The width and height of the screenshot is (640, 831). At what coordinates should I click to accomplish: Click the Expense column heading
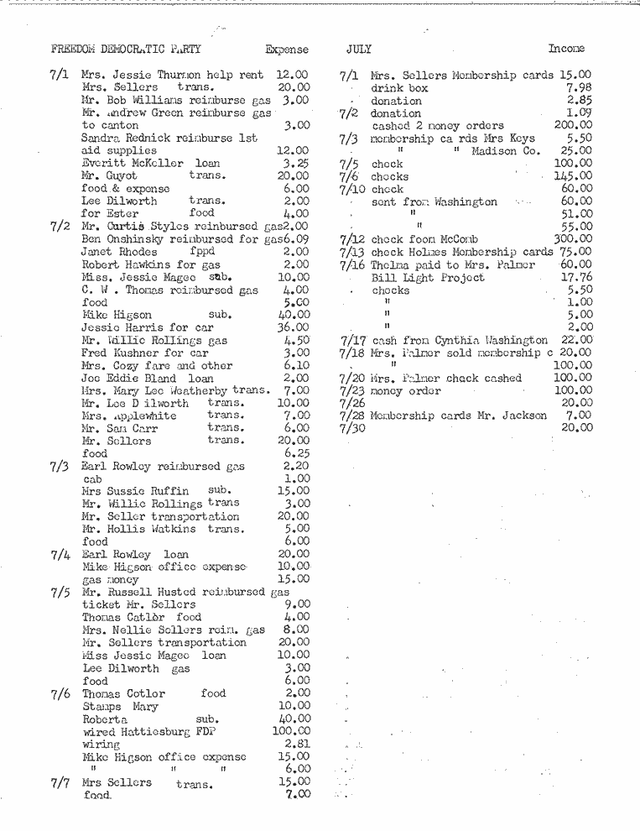tap(286, 50)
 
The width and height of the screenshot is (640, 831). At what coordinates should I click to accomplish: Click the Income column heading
tap(566, 49)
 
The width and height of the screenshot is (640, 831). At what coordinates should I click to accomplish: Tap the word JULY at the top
tap(358, 50)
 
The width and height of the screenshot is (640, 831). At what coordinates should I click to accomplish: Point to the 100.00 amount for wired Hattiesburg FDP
tap(292, 730)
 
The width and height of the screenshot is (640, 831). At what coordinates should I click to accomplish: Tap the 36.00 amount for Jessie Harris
tap(294, 327)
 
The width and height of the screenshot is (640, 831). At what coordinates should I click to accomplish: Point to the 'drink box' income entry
tap(399, 87)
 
